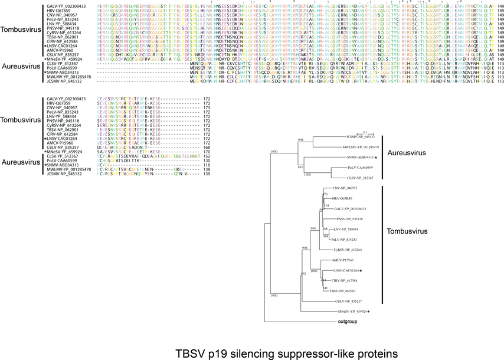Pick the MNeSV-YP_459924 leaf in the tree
350,311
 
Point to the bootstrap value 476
324,194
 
